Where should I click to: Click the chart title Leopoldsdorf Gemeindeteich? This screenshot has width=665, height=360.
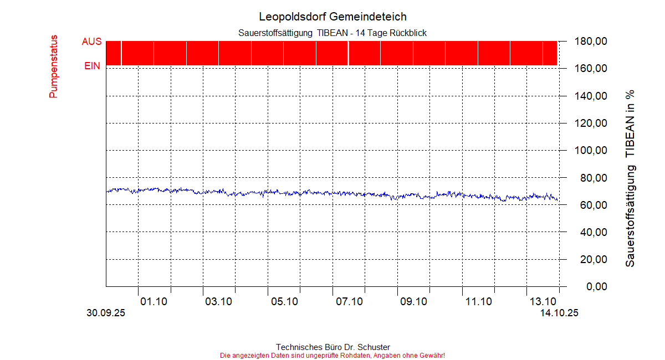pos(332,17)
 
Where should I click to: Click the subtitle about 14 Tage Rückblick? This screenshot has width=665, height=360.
pos(332,33)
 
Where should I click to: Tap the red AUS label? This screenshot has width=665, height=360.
pos(91,42)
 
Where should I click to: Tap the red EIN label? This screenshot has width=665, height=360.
pos(92,66)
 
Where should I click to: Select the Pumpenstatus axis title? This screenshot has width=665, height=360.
pos(54,67)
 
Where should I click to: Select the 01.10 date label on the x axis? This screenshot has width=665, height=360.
pos(154,302)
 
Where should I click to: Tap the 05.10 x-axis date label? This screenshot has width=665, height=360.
pos(284,302)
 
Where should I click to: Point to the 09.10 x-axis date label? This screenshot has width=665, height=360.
pos(413,302)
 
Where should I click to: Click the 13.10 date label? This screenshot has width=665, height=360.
pos(543,302)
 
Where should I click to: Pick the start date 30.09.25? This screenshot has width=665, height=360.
pos(106,313)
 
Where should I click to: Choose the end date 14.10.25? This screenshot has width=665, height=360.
pos(559,313)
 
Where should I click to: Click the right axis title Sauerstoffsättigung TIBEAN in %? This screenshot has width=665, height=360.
pos(630,178)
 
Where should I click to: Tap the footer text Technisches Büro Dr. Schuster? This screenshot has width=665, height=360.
pos(332,347)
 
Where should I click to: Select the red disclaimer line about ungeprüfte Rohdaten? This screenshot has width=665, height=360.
pos(332,355)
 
